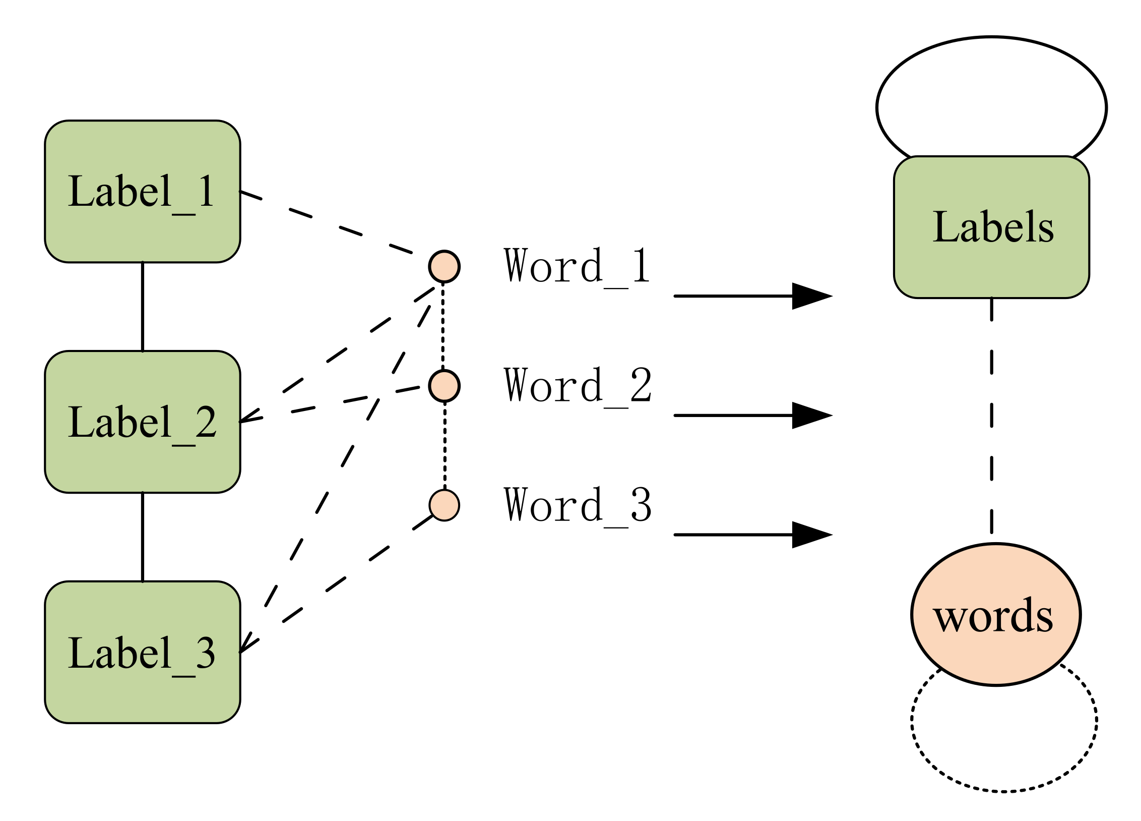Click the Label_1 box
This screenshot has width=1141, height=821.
(x=142, y=191)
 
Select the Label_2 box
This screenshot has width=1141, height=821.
(x=142, y=422)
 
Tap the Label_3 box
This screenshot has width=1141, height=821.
(x=142, y=652)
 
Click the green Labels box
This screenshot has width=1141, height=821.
(x=991, y=227)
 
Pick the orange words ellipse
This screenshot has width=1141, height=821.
(x=995, y=614)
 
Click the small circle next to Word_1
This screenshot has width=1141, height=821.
(x=444, y=266)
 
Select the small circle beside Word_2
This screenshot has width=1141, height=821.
(x=444, y=386)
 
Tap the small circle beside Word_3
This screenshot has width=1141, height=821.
(x=444, y=505)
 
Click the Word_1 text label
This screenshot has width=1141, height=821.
(x=577, y=266)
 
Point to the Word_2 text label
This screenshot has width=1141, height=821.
(x=577, y=386)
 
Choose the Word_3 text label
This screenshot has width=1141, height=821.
(x=577, y=505)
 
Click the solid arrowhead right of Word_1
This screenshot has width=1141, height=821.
(x=809, y=296)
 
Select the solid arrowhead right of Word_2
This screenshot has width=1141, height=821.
(x=809, y=416)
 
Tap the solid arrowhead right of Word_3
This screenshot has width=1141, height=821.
(x=809, y=535)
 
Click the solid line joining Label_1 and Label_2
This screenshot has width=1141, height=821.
(x=143, y=307)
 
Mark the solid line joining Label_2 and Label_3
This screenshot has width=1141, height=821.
(x=143, y=537)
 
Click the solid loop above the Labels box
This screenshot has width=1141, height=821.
(x=991, y=37)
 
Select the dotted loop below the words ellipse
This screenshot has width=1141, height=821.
(x=1003, y=791)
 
